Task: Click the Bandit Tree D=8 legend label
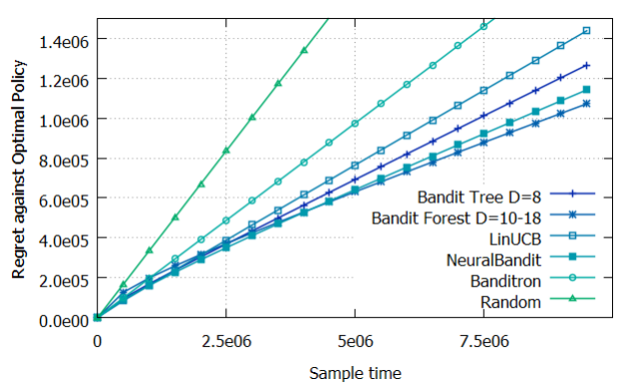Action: [479, 197]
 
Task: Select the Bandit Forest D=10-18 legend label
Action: [456, 218]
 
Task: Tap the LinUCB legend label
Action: [515, 239]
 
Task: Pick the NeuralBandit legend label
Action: [493, 260]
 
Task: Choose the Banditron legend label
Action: [505, 281]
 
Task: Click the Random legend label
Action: [510, 302]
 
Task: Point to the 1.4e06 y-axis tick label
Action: [64, 41]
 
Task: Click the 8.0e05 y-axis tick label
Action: [64, 161]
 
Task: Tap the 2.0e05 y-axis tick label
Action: [64, 281]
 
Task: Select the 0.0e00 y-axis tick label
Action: [64, 321]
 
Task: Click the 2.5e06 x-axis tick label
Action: [226, 341]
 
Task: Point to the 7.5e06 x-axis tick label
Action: [484, 341]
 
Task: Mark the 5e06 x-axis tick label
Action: [355, 341]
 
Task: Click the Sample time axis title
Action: [355, 373]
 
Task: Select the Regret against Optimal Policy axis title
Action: [18, 169]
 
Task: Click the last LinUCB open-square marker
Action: [586, 31]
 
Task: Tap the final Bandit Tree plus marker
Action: [586, 65]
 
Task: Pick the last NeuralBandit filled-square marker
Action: [586, 90]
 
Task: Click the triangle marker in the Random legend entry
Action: [572, 298]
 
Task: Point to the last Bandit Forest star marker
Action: [586, 104]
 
